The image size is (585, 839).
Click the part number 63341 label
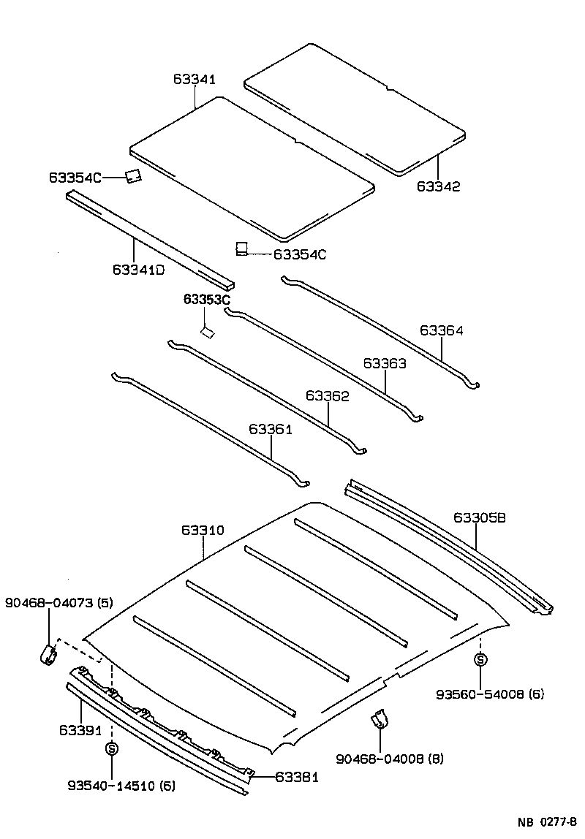coord(195,79)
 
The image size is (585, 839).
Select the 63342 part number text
coord(439,186)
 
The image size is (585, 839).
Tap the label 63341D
coord(138,270)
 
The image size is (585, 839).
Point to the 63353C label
coord(207,300)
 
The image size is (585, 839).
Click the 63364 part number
coord(441,331)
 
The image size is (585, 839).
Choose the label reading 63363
coord(385,363)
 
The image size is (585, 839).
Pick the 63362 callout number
coord(328,396)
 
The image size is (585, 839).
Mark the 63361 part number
coord(271,430)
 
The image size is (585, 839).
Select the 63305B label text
coord(480,518)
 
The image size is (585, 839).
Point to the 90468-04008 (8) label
coord(390,759)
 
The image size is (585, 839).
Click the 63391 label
coord(80,730)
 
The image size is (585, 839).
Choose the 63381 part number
coord(297,778)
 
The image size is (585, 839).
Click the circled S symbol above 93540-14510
coord(112,748)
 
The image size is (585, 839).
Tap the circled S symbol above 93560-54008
coord(480,660)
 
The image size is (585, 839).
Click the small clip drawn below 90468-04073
coord(49,655)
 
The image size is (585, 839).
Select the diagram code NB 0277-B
coord(548,822)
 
